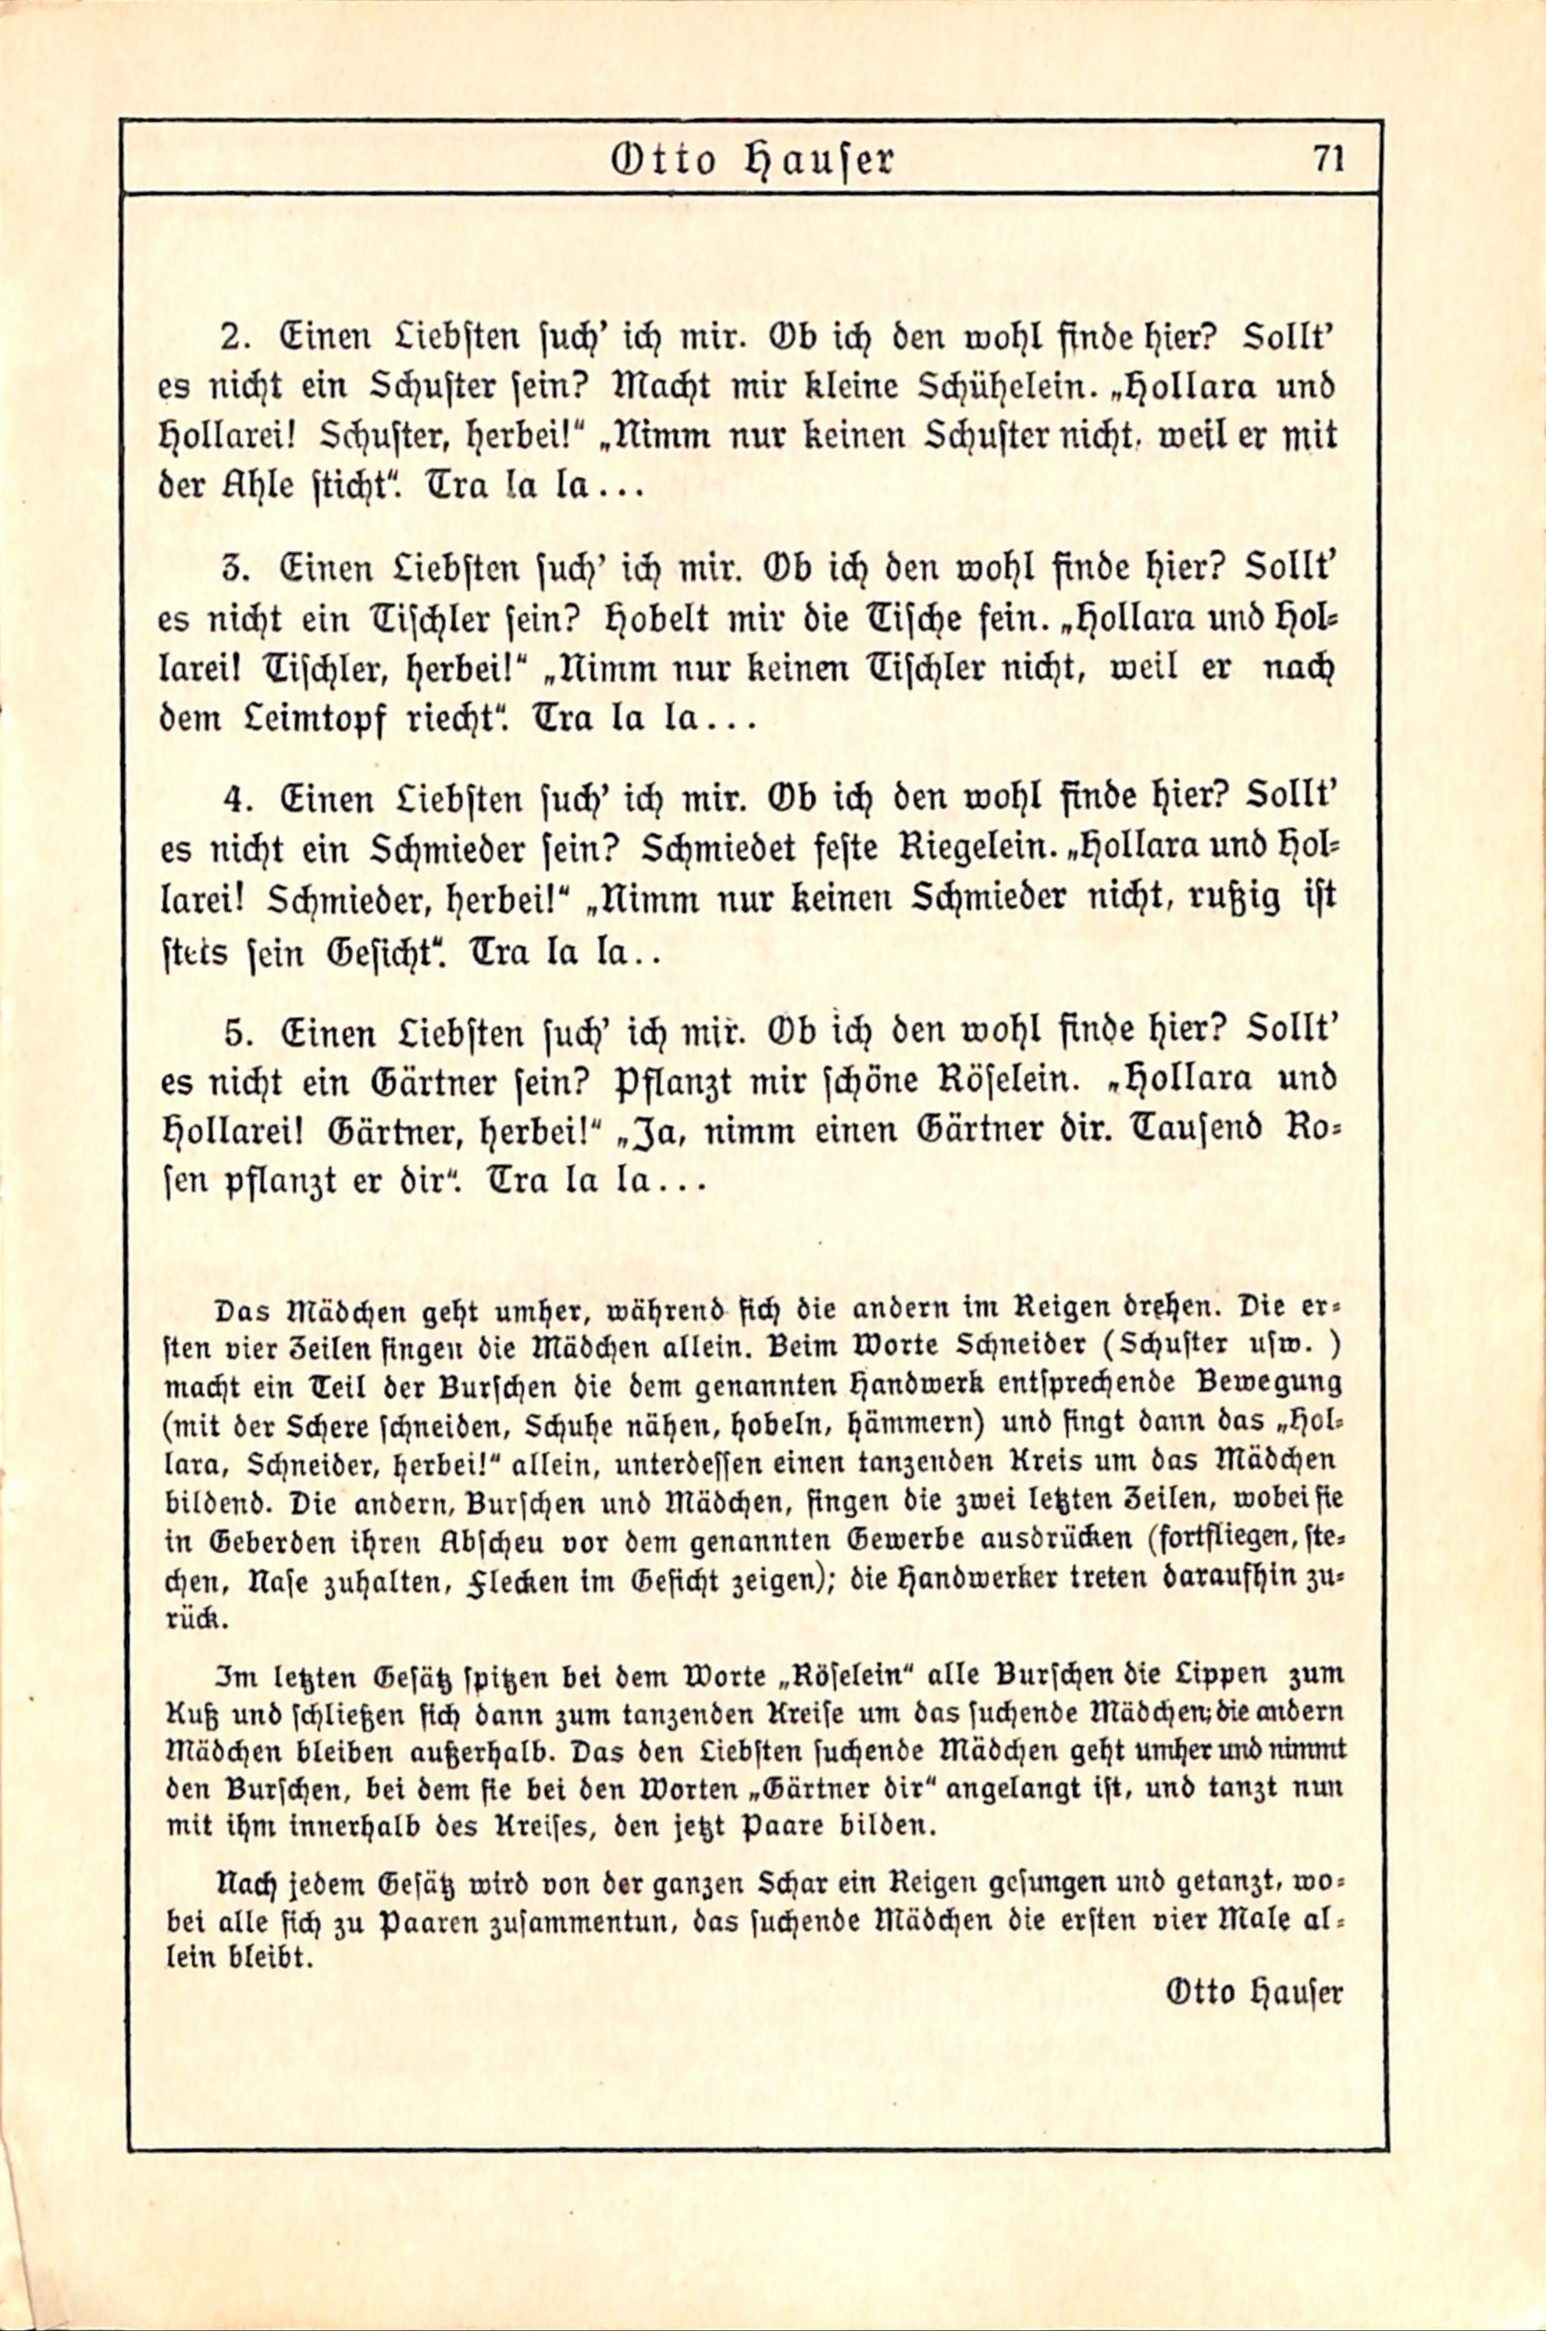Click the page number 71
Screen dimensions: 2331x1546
(x=1328, y=159)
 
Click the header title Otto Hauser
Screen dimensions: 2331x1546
(x=752, y=160)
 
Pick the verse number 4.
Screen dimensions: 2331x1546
(x=233, y=800)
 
